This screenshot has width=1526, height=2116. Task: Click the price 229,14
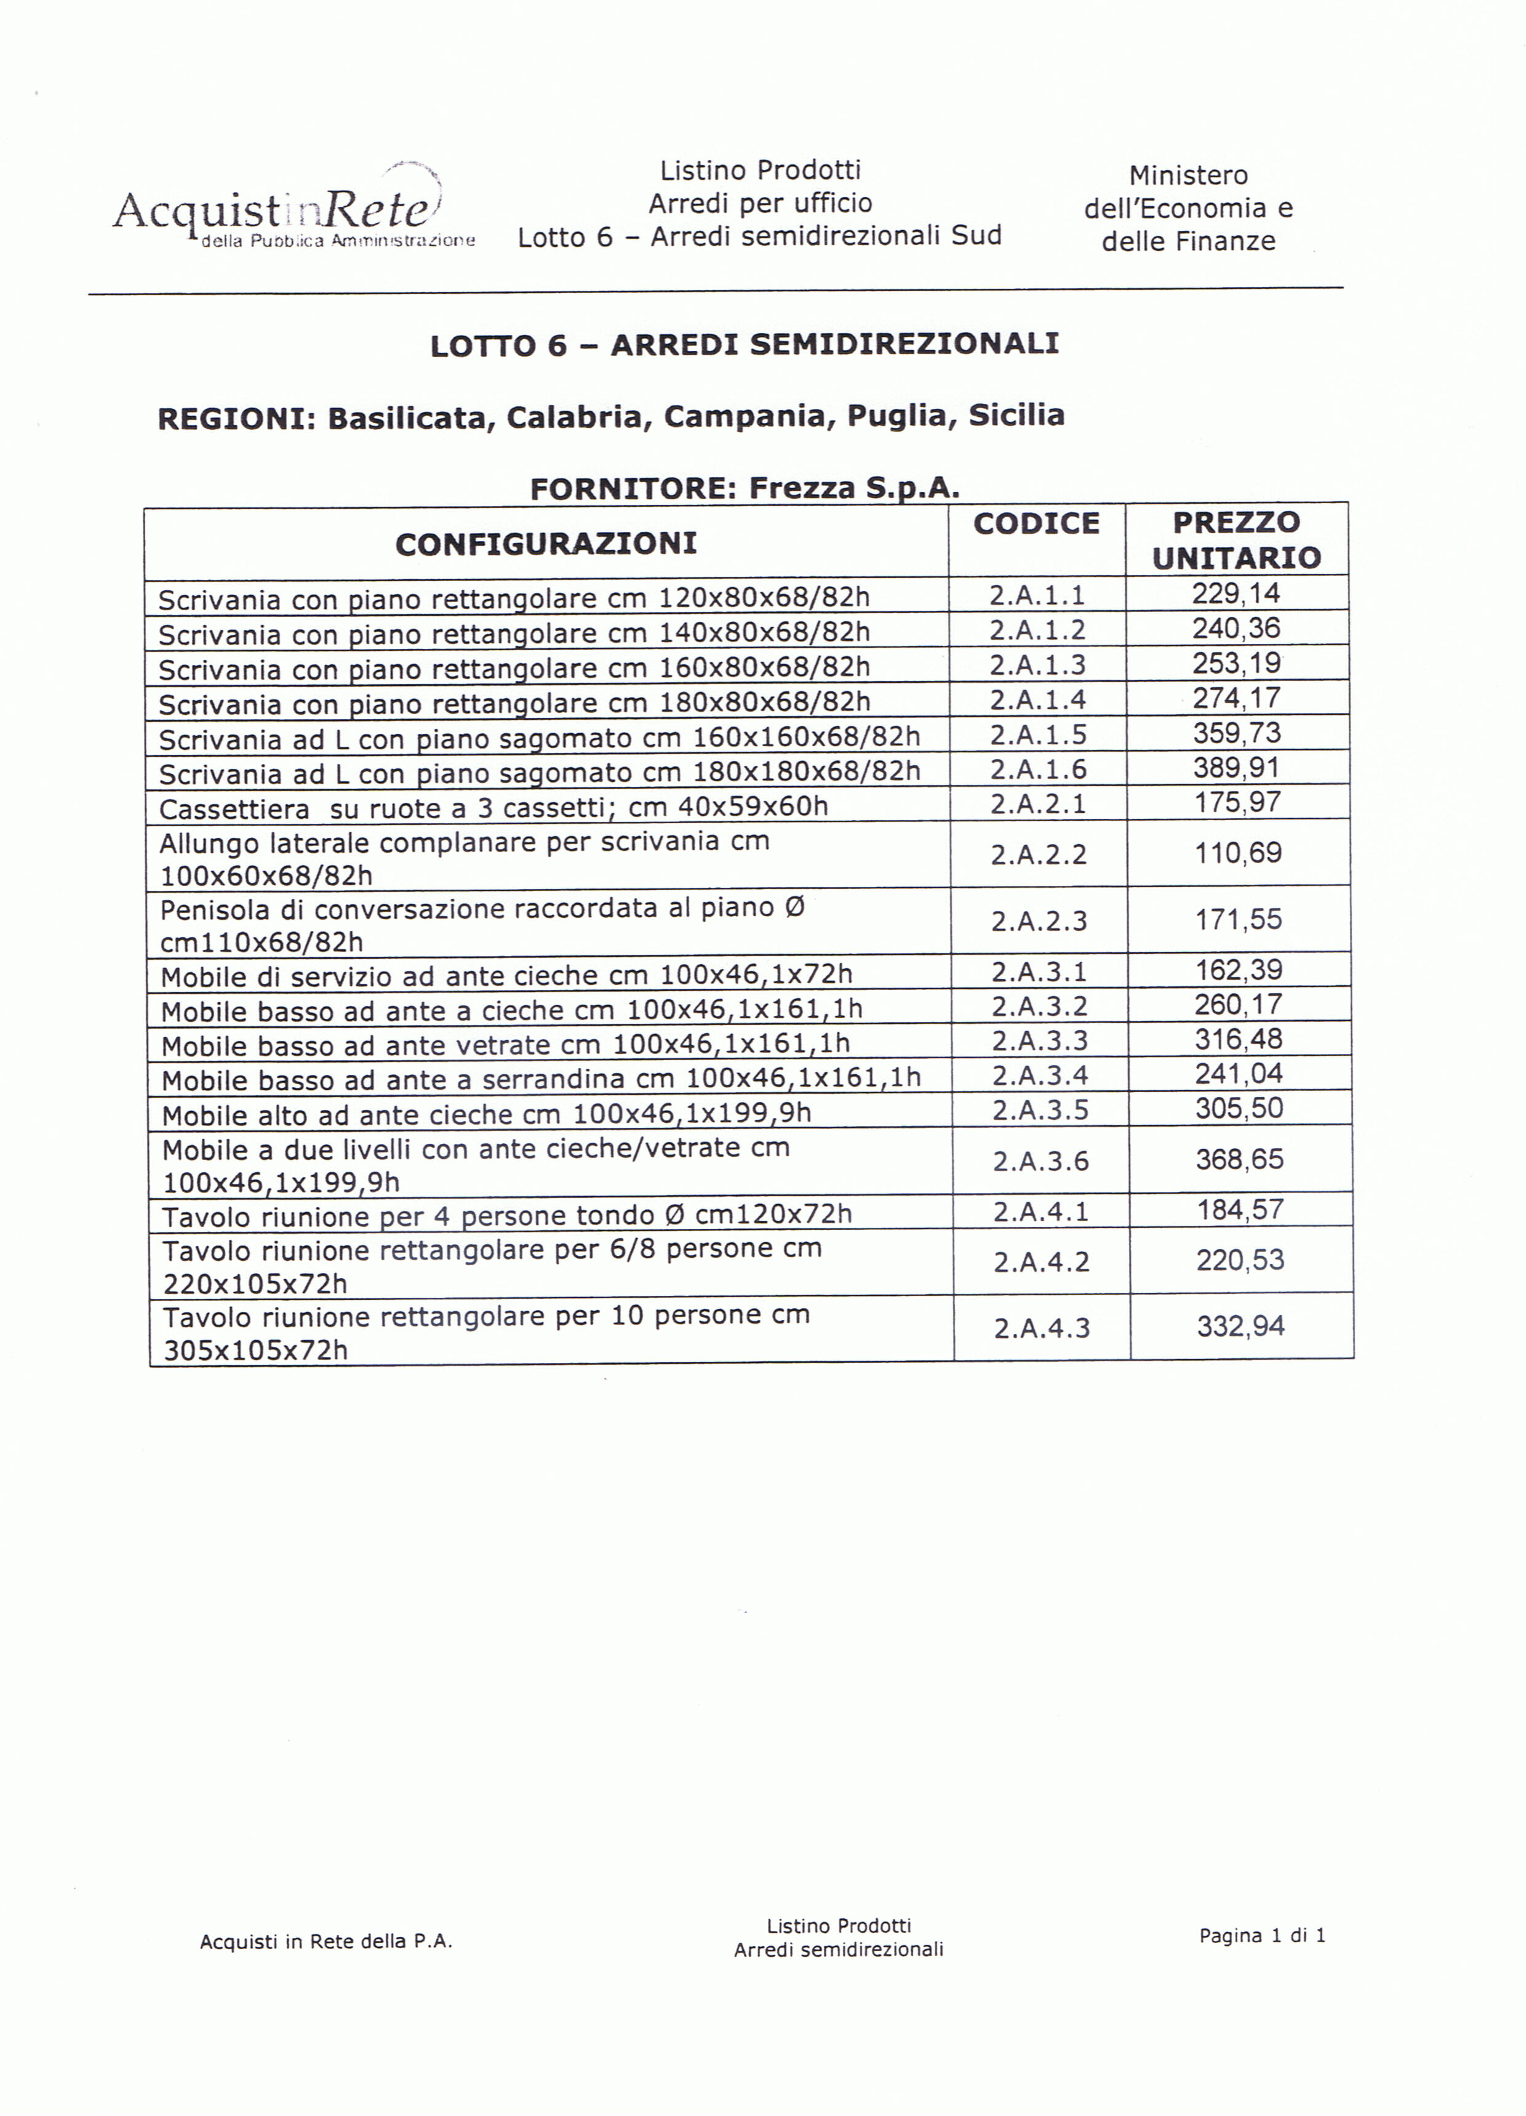click(x=1236, y=593)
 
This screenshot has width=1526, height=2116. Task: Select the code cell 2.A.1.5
click(x=1038, y=734)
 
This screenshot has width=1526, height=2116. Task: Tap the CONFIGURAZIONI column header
click(x=546, y=543)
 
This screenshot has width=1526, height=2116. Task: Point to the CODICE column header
click(x=1036, y=523)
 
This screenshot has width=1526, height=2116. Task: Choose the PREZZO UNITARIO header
click(x=1236, y=539)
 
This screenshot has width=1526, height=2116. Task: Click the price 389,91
click(x=1237, y=768)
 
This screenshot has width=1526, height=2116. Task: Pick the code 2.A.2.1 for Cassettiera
click(x=1038, y=803)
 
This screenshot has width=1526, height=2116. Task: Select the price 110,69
click(x=1238, y=853)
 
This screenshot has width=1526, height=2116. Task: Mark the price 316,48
click(x=1239, y=1039)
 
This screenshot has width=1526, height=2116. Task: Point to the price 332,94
click(x=1240, y=1326)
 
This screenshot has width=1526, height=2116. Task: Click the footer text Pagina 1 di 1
click(x=1262, y=1935)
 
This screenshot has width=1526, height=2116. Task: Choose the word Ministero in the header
click(x=1188, y=175)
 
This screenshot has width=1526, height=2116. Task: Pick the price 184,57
click(x=1240, y=1210)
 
